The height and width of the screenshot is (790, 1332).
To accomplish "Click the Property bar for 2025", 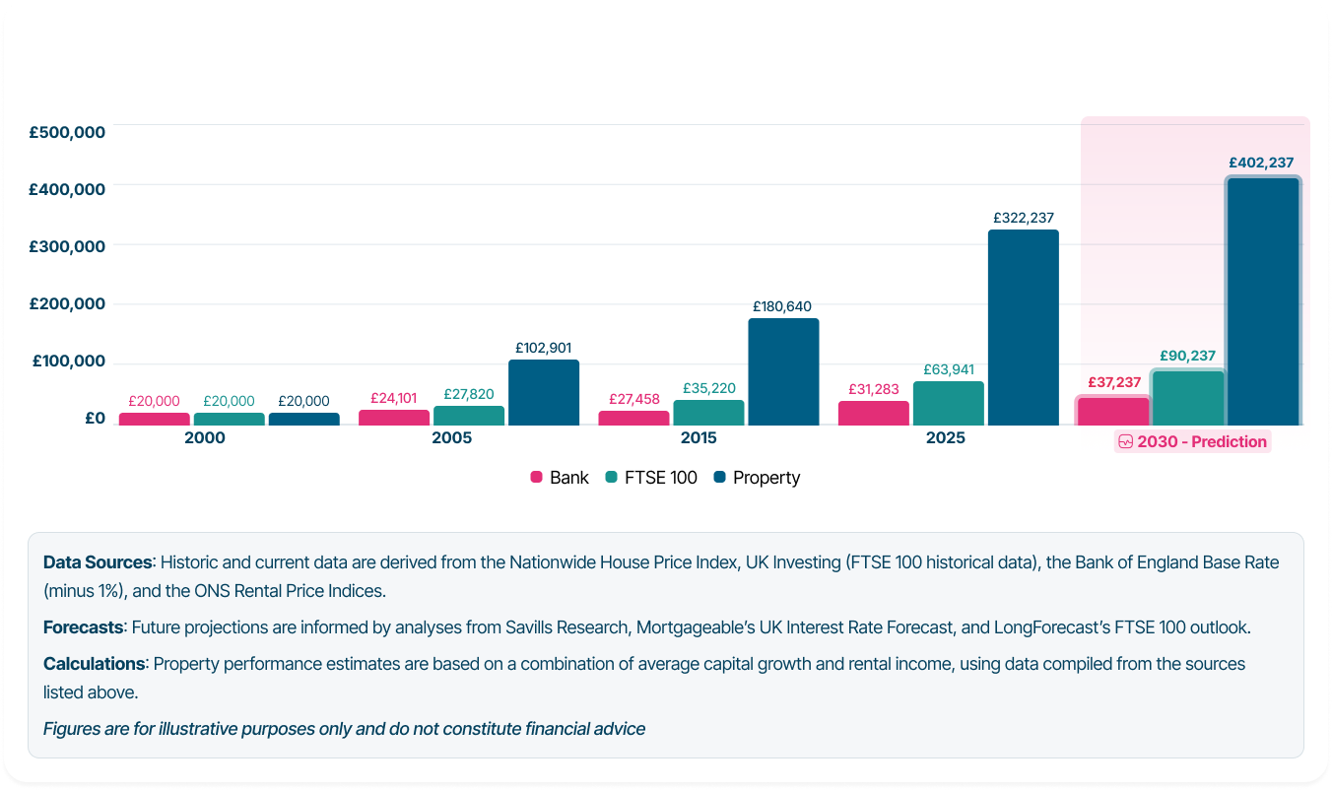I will tap(1023, 327).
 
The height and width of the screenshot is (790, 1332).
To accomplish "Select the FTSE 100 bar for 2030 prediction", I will tap(1188, 398).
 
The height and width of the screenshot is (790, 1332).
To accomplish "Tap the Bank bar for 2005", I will tap(394, 418).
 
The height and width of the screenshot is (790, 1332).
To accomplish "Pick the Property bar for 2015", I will tap(783, 371).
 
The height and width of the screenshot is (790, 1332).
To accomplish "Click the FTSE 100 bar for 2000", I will tap(229, 419).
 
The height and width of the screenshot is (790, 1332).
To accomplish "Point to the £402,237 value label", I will tap(1261, 164).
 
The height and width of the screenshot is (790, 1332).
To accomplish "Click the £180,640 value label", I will tap(782, 306).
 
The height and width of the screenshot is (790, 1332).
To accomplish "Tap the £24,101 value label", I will tap(393, 398).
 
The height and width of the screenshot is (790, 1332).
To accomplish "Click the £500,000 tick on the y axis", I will tap(67, 132).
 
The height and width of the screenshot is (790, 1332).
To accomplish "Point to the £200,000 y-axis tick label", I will tap(67, 303).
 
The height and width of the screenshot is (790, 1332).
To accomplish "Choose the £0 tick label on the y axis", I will tap(95, 418).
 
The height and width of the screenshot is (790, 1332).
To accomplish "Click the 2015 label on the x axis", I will tap(699, 437).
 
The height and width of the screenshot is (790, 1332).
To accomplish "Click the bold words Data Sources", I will tap(98, 562).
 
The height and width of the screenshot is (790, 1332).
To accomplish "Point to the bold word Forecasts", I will tap(84, 626).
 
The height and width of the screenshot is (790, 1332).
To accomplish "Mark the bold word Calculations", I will tap(94, 664).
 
